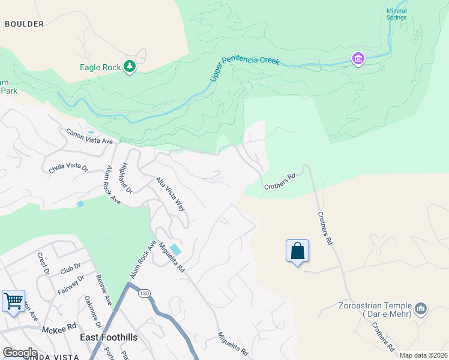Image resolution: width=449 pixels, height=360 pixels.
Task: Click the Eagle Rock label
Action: (x=100, y=68)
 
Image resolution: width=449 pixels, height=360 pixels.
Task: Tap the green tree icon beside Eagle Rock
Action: (x=129, y=66)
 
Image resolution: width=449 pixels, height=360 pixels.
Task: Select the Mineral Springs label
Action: (x=396, y=14)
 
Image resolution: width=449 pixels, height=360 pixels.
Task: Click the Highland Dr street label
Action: (x=126, y=178)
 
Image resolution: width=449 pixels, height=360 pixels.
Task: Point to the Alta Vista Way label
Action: (x=170, y=194)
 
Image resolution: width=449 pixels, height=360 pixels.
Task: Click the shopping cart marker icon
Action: (x=13, y=301)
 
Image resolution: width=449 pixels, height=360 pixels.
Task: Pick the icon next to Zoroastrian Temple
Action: (x=421, y=309)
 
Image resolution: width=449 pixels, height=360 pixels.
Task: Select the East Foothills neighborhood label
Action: (x=109, y=338)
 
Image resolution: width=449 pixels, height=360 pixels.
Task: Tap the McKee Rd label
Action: (x=59, y=328)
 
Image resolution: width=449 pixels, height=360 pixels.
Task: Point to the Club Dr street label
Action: (x=70, y=269)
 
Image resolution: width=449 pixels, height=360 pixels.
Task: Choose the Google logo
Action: (x=20, y=353)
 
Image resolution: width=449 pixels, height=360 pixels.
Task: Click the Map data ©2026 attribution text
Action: (x=423, y=355)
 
